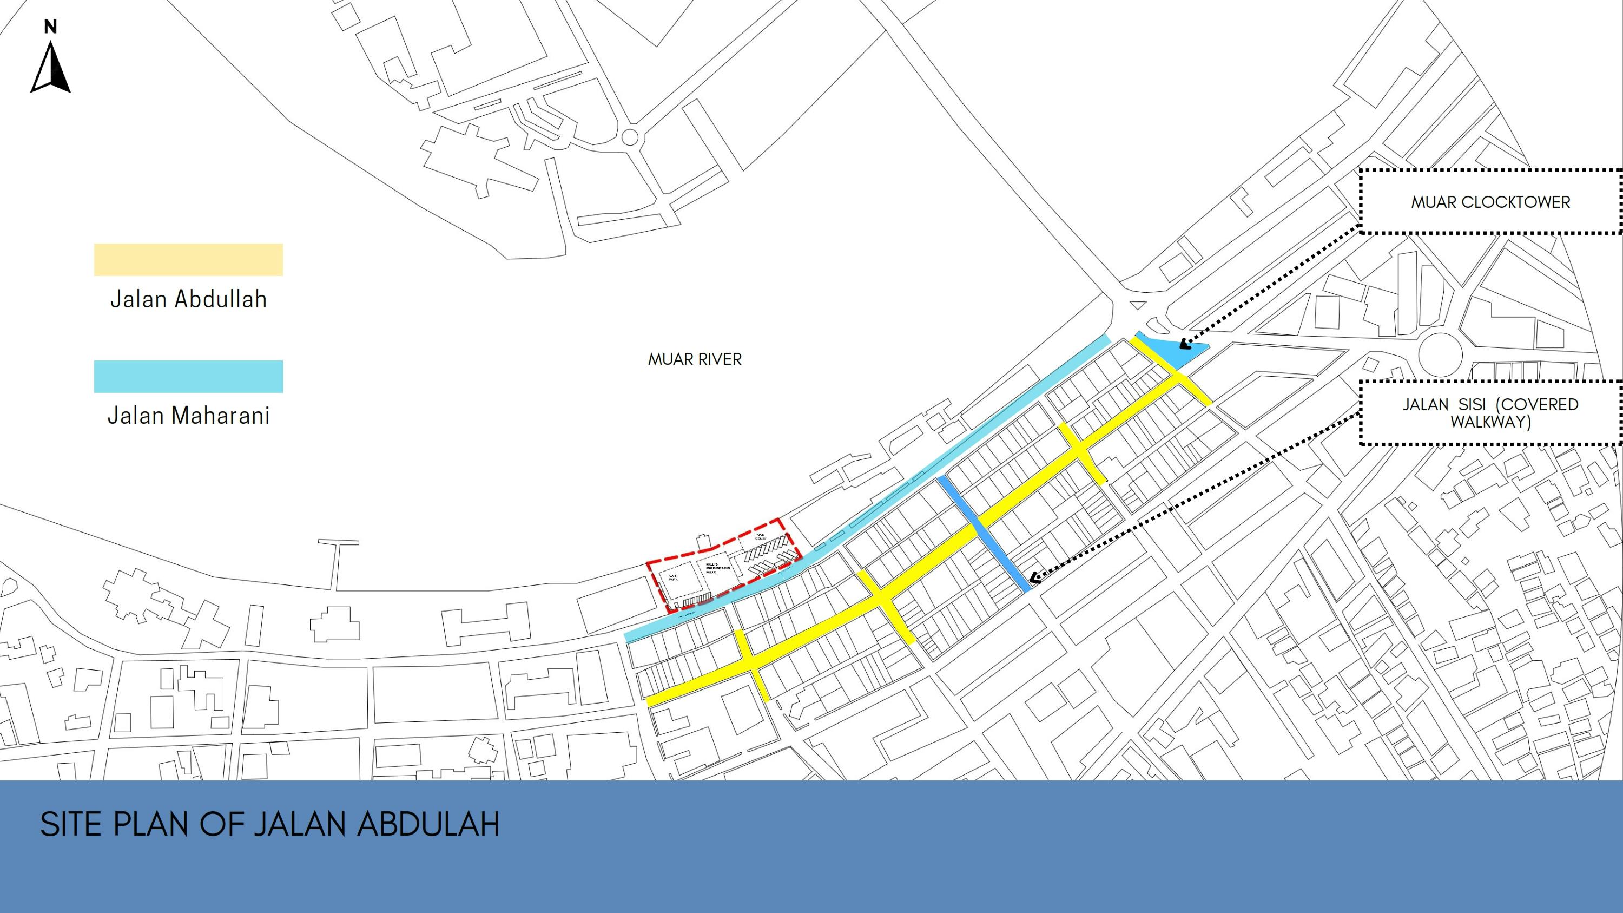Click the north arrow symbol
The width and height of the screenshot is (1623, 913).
coord(50,68)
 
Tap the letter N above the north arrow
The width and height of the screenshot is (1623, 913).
coord(50,27)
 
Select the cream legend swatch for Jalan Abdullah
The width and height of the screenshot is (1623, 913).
coord(188,260)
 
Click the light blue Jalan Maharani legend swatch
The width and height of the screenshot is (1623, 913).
coord(188,376)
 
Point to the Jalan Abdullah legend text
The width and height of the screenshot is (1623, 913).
coord(188,299)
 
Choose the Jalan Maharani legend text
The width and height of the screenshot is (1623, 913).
coord(188,415)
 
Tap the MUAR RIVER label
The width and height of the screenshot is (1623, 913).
coord(695,359)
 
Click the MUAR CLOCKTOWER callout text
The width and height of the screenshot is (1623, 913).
coord(1490,202)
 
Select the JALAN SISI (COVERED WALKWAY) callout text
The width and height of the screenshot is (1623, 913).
coord(1490,413)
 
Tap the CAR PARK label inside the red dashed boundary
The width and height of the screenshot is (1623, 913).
coord(673,577)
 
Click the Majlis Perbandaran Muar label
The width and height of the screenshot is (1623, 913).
coord(716,568)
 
